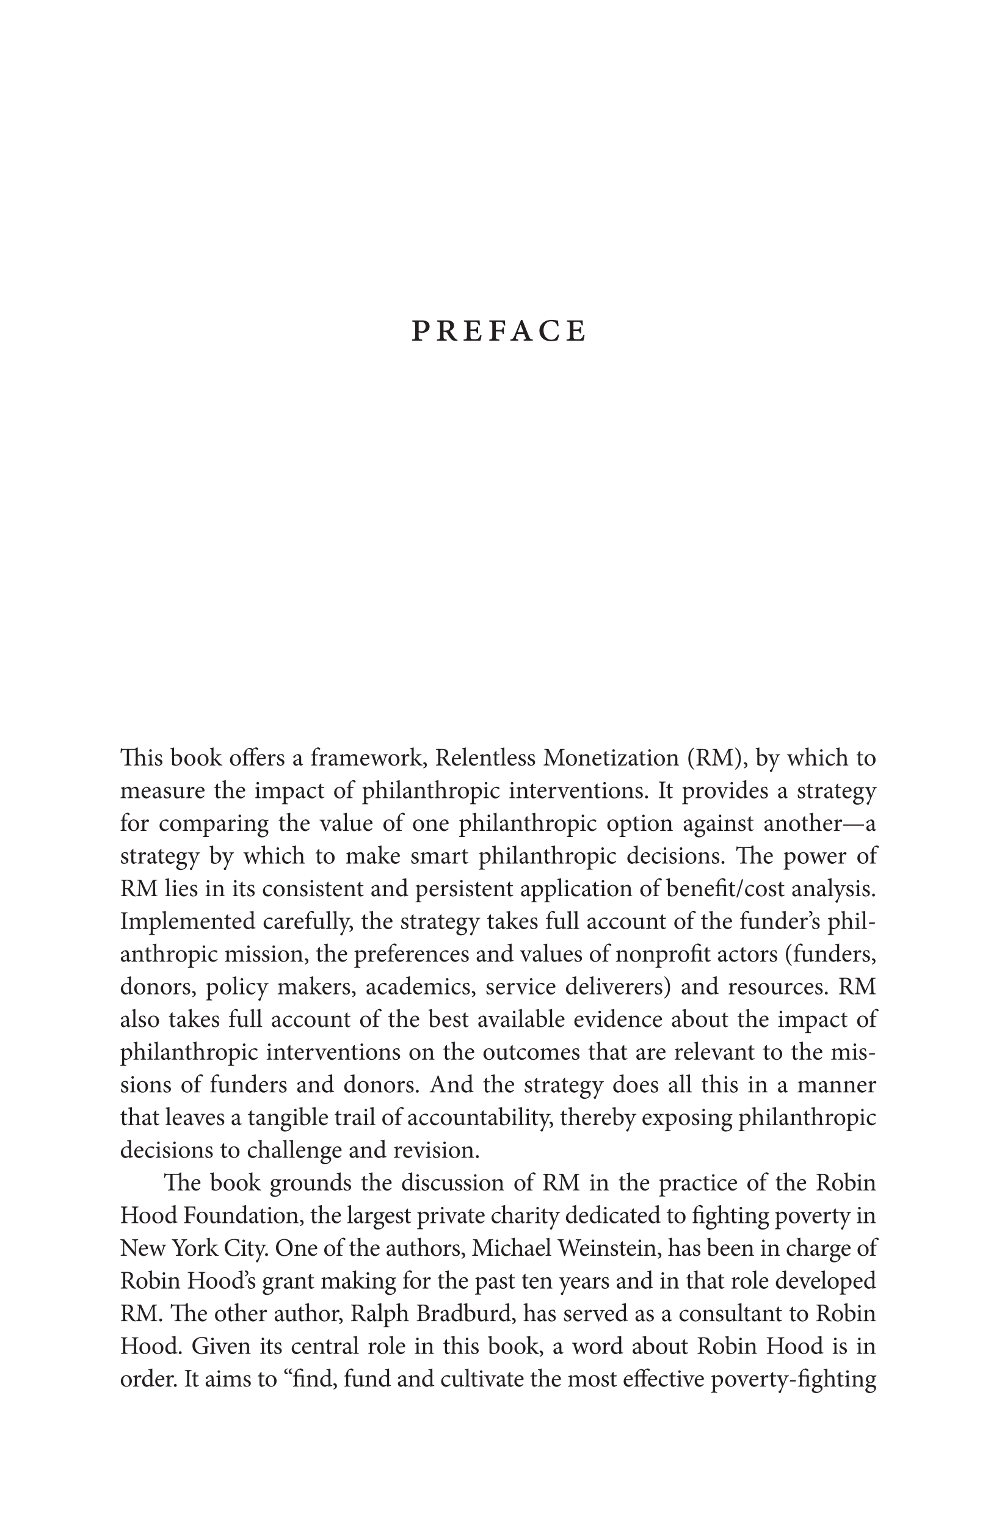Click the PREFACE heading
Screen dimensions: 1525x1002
coord(499,331)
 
